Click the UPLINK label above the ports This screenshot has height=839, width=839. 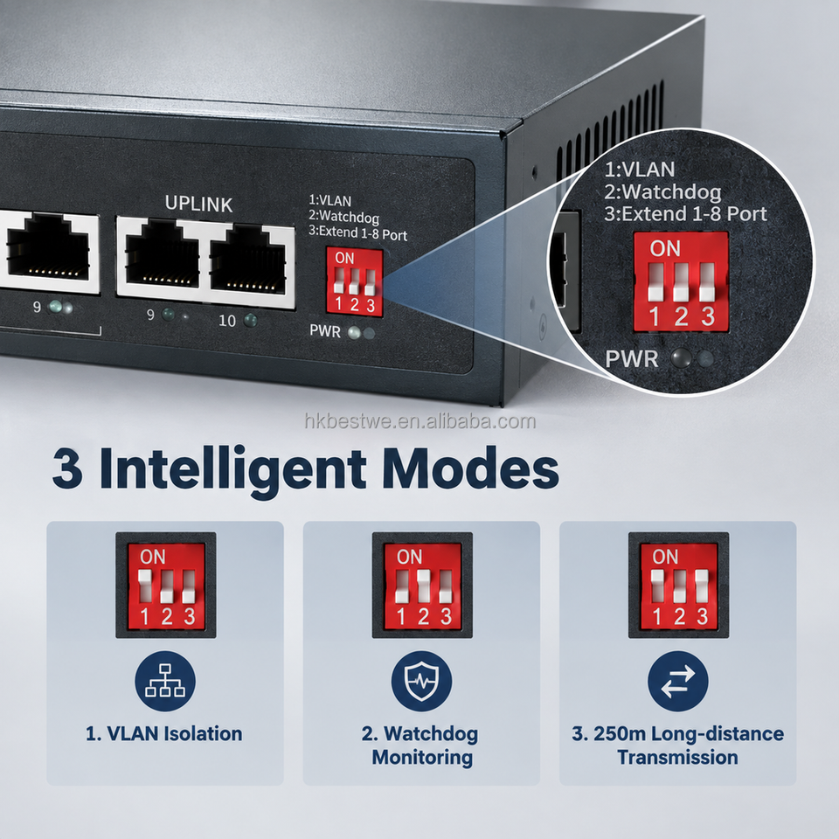coord(198,204)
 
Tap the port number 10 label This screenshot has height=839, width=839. coord(227,321)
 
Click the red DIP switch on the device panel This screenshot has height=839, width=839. coord(355,281)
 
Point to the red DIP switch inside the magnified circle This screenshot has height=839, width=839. coord(681,281)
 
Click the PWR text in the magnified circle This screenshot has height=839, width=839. coord(631,358)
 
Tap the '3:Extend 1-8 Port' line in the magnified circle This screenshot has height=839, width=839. coord(685,214)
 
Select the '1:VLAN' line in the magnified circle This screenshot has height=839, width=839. coord(640,170)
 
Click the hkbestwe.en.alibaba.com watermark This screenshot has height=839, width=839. coord(420,421)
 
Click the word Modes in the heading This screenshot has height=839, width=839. coord(470,468)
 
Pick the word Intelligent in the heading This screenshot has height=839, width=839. coord(232,471)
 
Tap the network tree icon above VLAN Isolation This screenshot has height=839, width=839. coord(165,681)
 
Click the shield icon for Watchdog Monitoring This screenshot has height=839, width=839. coord(421,681)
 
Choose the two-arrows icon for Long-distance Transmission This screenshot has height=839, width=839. coord(678,681)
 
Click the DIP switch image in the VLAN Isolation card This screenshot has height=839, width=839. coord(166,585)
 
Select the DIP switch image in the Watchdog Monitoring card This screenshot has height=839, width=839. coord(422,585)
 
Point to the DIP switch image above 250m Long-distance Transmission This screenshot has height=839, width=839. coord(678,585)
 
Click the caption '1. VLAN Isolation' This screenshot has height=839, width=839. coord(163,733)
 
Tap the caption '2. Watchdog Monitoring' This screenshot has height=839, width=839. coord(420,745)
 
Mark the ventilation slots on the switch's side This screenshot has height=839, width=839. coord(610,129)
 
